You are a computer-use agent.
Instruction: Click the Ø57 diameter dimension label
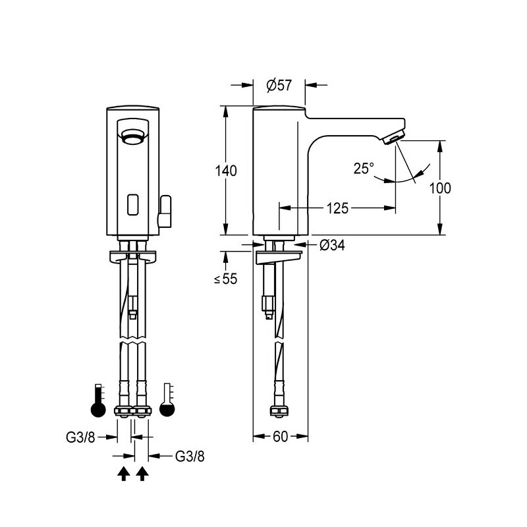point(279,86)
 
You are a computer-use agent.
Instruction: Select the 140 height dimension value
point(226,171)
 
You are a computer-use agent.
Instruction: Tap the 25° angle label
point(364,168)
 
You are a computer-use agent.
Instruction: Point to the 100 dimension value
point(440,188)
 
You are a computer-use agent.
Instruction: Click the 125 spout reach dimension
point(337,208)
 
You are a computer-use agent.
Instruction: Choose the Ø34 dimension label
point(332,245)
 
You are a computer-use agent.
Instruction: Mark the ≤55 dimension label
point(225,279)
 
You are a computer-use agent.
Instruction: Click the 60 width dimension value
point(281,437)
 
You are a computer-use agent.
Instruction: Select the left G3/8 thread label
point(80,437)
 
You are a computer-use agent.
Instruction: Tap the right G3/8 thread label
point(190,456)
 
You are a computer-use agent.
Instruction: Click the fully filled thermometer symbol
point(98,401)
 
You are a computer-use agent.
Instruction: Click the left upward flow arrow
point(124,474)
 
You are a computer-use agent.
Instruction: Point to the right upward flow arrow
point(142,474)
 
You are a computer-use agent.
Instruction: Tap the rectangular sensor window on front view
point(134,205)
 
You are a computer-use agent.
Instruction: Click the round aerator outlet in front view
point(134,137)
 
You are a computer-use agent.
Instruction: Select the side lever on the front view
point(164,211)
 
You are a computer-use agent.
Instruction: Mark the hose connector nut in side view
point(279,411)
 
